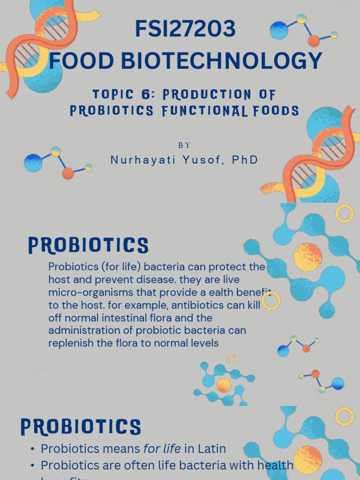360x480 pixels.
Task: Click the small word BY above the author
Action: click(184, 146)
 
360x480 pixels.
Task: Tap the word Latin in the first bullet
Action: click(211, 449)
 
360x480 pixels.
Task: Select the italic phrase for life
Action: click(162, 449)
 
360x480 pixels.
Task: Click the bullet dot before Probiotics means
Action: click(32, 449)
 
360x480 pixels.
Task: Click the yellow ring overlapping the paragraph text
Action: click(271, 301)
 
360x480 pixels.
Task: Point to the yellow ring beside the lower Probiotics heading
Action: click(345, 416)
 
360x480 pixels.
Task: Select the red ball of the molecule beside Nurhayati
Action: click(68, 173)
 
